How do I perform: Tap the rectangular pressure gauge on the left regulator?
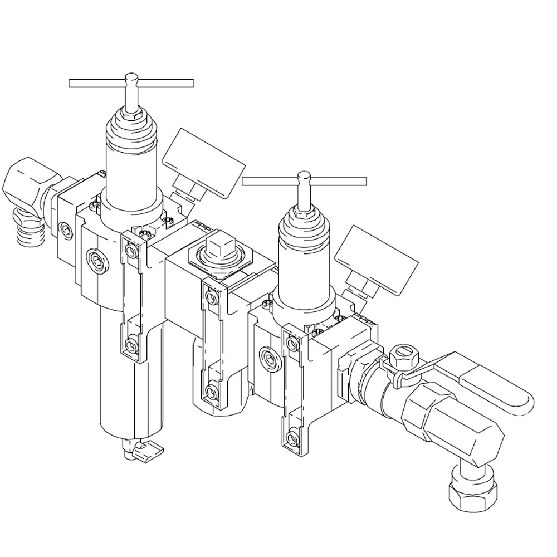(x=204, y=162)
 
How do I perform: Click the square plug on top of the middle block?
(x=219, y=246)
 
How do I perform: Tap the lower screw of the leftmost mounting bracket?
(x=131, y=346)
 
